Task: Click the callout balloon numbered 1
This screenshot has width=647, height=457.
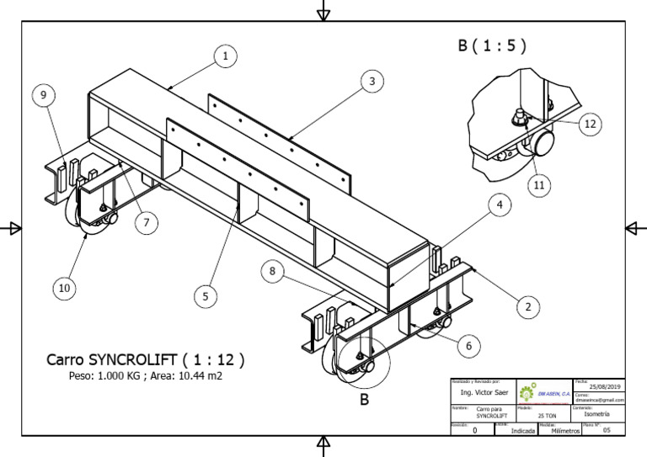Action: coord(225,56)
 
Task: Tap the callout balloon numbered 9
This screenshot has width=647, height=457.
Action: coord(45,95)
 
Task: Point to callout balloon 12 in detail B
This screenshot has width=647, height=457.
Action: coord(590,124)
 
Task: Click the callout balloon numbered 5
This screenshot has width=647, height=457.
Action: coord(205,295)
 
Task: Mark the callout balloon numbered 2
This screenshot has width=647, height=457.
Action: coord(528,306)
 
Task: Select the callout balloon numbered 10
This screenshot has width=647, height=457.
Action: coord(63,289)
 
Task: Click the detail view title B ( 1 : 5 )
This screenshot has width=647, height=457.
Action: coord(493,46)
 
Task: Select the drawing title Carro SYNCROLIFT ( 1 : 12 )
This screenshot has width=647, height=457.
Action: coord(146,359)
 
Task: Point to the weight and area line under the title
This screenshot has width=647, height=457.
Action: coord(146,376)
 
